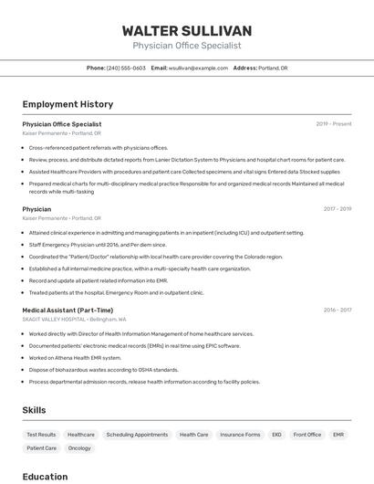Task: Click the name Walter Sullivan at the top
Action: (x=186, y=31)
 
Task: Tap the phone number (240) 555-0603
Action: (x=126, y=68)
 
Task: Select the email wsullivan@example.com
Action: (x=198, y=68)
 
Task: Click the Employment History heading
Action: (x=68, y=104)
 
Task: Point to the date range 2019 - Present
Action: (x=334, y=124)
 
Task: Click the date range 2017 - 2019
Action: (x=337, y=209)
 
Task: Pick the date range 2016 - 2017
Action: (x=337, y=310)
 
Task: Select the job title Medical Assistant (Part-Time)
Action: (x=68, y=310)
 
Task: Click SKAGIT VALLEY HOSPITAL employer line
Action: (x=74, y=320)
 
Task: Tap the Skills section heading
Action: (x=34, y=410)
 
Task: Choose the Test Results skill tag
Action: (x=41, y=435)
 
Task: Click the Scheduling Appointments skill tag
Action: (x=137, y=435)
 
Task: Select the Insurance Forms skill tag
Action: (x=240, y=435)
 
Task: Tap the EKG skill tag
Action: (x=276, y=435)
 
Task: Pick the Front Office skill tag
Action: (x=306, y=435)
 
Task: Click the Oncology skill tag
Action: (x=79, y=448)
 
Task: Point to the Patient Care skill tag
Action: (x=41, y=448)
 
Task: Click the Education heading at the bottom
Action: (x=45, y=477)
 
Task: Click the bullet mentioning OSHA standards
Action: (x=103, y=370)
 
